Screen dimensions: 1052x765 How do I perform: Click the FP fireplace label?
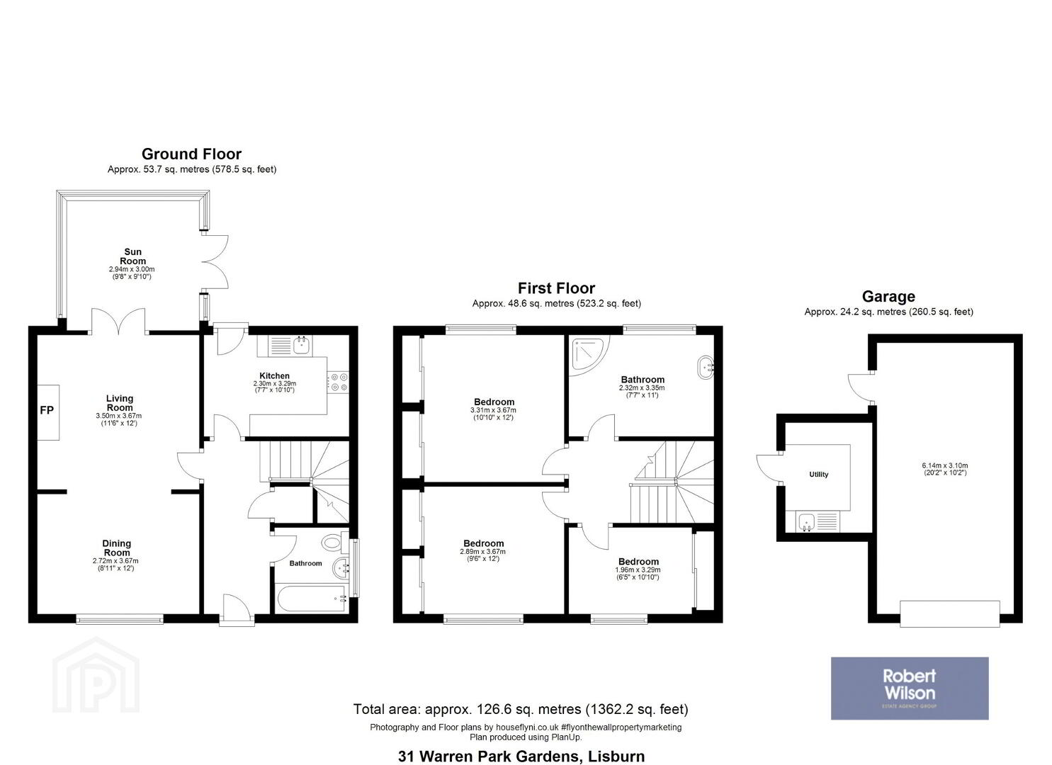click(x=47, y=410)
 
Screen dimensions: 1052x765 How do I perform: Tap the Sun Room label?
click(x=132, y=256)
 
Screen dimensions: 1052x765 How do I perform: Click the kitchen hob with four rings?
click(x=338, y=381)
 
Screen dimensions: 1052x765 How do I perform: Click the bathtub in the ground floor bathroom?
click(x=312, y=599)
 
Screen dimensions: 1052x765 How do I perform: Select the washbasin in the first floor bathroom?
click(x=706, y=367)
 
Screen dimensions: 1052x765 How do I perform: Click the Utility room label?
click(x=819, y=475)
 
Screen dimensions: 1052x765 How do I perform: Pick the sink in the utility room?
click(x=807, y=522)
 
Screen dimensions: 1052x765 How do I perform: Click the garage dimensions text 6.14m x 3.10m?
click(x=944, y=466)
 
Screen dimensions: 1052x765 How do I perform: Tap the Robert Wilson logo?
click(x=910, y=688)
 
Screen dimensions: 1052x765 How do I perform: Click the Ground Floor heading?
click(x=191, y=154)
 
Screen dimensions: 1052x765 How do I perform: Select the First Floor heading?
click(x=556, y=288)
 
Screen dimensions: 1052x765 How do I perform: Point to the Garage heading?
click(x=888, y=296)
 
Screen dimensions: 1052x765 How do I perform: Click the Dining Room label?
click(x=116, y=548)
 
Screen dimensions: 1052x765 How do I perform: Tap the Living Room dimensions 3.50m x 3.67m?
click(x=119, y=416)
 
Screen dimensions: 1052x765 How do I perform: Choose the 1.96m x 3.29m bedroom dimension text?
click(x=638, y=569)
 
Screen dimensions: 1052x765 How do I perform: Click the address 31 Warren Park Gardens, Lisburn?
click(x=521, y=756)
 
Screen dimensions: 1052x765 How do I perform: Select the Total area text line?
click(x=521, y=708)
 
